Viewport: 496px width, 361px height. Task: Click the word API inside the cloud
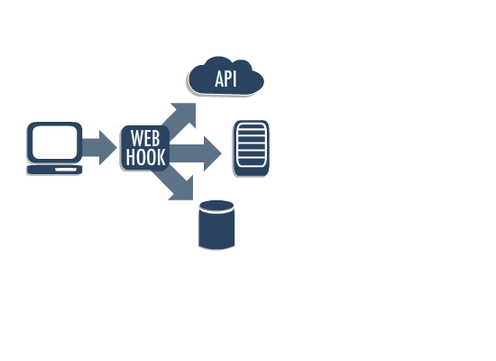[x=225, y=79]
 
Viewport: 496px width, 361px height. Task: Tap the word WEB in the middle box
[x=145, y=139]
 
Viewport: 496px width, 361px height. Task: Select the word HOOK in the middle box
[x=145, y=158]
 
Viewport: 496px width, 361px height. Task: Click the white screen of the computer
[x=54, y=143]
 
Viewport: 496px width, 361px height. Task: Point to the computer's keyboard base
[x=54, y=170]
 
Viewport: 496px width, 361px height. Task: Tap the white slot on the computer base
[x=66, y=169]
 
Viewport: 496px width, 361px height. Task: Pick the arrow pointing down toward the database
[x=179, y=186]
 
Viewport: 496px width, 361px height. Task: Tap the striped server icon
[x=252, y=147]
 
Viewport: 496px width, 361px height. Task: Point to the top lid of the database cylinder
[x=216, y=206]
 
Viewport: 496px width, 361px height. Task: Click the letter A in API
[x=219, y=79]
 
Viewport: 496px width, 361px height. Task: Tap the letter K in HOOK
[x=161, y=158]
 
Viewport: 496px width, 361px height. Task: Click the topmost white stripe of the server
[x=252, y=128]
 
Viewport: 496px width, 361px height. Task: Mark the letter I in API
[x=234, y=79]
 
